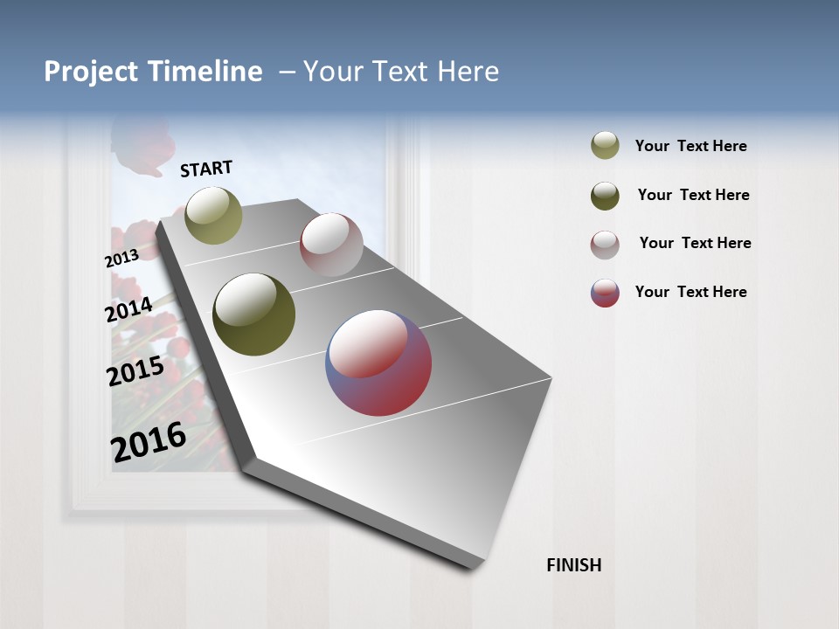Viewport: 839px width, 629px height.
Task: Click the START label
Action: [x=206, y=169]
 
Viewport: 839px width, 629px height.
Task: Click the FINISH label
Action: [x=573, y=565]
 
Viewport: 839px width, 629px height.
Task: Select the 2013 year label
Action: [x=121, y=259]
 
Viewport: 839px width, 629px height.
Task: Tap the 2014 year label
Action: [x=128, y=309]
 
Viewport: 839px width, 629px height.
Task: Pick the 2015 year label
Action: [x=135, y=371]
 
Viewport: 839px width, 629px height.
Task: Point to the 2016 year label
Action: [x=149, y=442]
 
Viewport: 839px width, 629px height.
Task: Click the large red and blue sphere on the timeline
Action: [x=378, y=363]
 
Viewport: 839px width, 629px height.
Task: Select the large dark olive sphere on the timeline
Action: [x=254, y=314]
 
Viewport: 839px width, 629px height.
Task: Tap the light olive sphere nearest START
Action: [x=213, y=215]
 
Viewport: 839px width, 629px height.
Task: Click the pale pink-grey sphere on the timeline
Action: [x=331, y=245]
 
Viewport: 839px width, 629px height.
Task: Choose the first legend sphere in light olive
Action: [x=605, y=146]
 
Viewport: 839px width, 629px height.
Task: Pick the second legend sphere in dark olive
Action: [x=605, y=196]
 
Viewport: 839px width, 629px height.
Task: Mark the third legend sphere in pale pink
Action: [x=605, y=245]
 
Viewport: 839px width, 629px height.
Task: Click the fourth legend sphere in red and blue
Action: [x=605, y=293]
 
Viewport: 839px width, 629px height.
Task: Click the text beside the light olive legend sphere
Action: [x=690, y=147]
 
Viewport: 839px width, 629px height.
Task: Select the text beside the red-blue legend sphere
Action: [x=690, y=292]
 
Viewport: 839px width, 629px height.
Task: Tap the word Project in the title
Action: [x=90, y=72]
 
